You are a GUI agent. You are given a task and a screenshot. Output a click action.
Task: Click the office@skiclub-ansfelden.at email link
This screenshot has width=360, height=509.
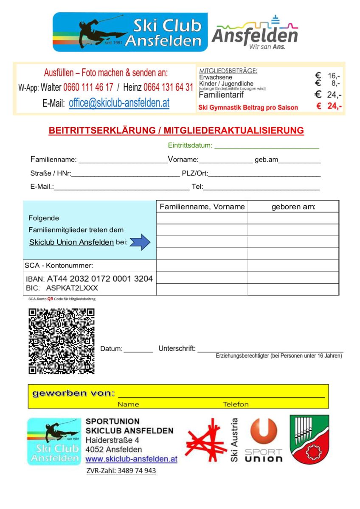119,103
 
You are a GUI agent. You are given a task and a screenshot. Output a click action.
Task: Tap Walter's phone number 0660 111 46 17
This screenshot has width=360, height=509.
88,88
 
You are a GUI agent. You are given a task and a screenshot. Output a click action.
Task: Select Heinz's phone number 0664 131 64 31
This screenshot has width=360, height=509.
168,88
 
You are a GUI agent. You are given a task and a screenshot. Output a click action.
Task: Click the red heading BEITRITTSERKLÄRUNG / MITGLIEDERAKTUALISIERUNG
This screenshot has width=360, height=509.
176,131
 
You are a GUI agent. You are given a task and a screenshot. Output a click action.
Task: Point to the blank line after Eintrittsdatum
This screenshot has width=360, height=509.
267,147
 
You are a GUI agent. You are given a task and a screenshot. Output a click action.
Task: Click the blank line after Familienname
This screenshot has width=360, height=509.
123,162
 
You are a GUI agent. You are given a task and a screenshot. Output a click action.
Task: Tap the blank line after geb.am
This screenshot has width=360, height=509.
299,162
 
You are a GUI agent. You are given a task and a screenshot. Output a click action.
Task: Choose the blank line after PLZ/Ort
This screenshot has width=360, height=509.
264,175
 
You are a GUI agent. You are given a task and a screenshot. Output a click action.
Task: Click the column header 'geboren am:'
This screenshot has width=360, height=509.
293,207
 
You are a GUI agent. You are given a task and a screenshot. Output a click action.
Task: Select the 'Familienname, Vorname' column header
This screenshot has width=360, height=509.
202,207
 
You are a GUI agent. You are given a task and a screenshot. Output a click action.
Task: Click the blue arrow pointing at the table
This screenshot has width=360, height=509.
140,242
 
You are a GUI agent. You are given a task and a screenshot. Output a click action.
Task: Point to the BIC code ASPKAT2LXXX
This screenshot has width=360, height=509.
72,288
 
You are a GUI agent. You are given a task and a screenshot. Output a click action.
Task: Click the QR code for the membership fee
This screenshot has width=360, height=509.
62,341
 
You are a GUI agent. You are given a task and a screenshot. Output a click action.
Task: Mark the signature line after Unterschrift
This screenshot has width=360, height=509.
270,350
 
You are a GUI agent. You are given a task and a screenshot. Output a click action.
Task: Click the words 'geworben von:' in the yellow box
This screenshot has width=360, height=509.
73,393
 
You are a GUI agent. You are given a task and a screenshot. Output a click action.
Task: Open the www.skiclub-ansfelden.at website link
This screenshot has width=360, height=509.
131,459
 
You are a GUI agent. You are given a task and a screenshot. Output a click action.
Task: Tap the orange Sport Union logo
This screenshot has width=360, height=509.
263,439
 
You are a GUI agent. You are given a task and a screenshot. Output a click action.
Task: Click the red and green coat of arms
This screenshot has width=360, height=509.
309,439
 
